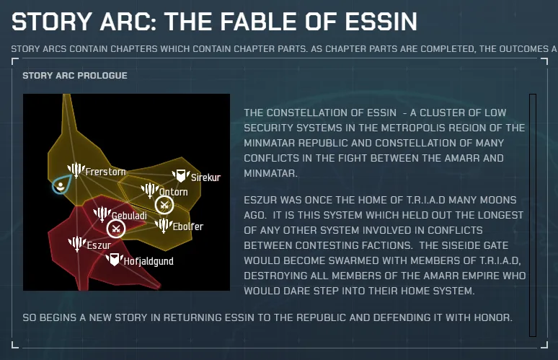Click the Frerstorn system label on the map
tap(106, 172)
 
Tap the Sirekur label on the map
tap(205, 177)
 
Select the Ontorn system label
tap(173, 192)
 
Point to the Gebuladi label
tap(129, 216)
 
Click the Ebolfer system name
tap(188, 227)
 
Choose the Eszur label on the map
tap(99, 245)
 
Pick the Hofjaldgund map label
tap(149, 261)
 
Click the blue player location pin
tap(61, 184)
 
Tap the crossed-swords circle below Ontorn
tap(164, 205)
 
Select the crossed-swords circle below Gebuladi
tap(115, 229)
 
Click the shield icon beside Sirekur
tap(181, 175)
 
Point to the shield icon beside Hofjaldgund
tap(114, 260)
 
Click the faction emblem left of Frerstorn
tap(76, 170)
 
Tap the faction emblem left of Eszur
tap(77, 244)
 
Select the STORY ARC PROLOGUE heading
tap(75, 76)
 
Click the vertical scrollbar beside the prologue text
tap(533, 215)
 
